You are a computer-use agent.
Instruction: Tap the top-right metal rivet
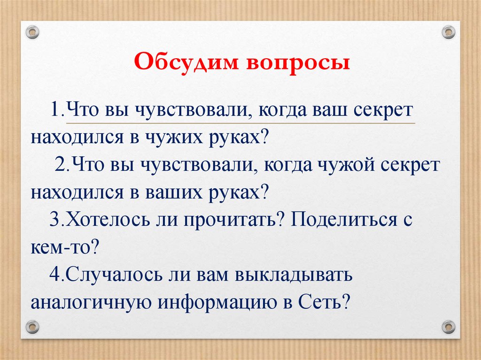pos(448,32)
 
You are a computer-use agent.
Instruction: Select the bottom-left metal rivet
pos(32,326)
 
